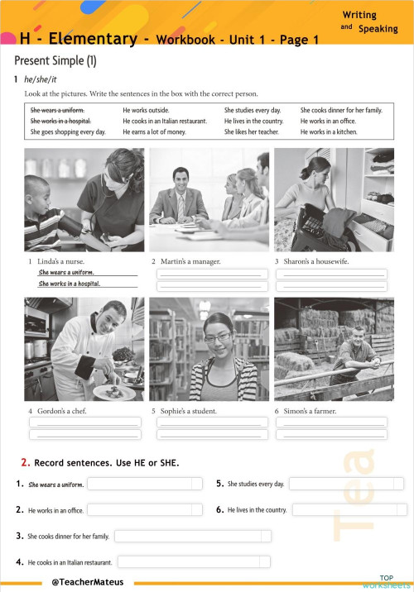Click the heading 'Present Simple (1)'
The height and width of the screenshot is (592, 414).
55,61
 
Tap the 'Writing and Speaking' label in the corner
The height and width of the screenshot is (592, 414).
368,21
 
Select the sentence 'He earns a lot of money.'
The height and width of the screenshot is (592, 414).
154,132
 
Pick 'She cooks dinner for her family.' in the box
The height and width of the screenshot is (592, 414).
341,110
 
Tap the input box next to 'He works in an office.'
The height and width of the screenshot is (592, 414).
144,510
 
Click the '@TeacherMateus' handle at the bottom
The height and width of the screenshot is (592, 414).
88,582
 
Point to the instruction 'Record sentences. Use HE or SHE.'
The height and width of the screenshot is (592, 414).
106,462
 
